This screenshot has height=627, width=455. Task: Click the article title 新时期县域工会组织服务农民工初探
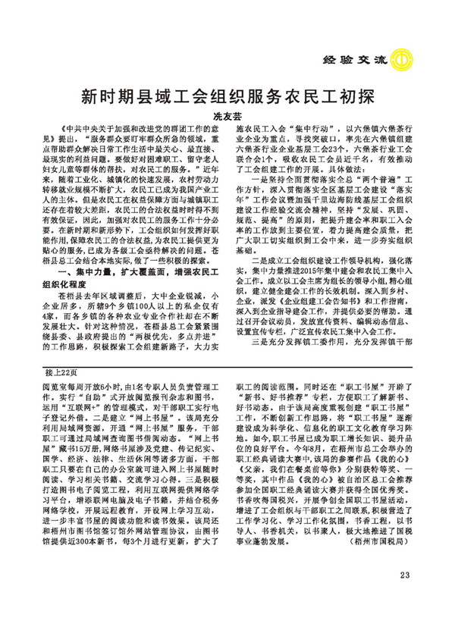point(227,97)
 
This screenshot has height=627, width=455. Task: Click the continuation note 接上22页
point(61,373)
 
